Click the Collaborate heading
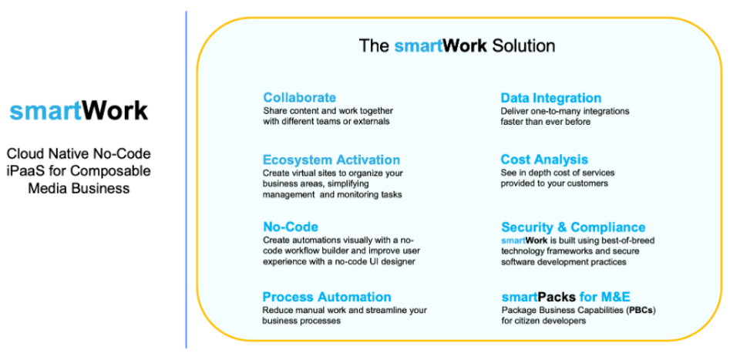point(299,98)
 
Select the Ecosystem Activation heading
point(331,160)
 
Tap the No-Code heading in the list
point(289,227)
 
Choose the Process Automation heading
point(326,297)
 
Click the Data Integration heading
point(550,98)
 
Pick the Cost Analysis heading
point(544,160)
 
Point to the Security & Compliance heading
point(573,227)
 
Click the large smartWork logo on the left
point(79,111)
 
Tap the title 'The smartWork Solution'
point(456,45)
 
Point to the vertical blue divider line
point(186,177)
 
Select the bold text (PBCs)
point(640,310)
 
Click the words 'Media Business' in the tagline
point(78,188)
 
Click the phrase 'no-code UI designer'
point(372,262)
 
